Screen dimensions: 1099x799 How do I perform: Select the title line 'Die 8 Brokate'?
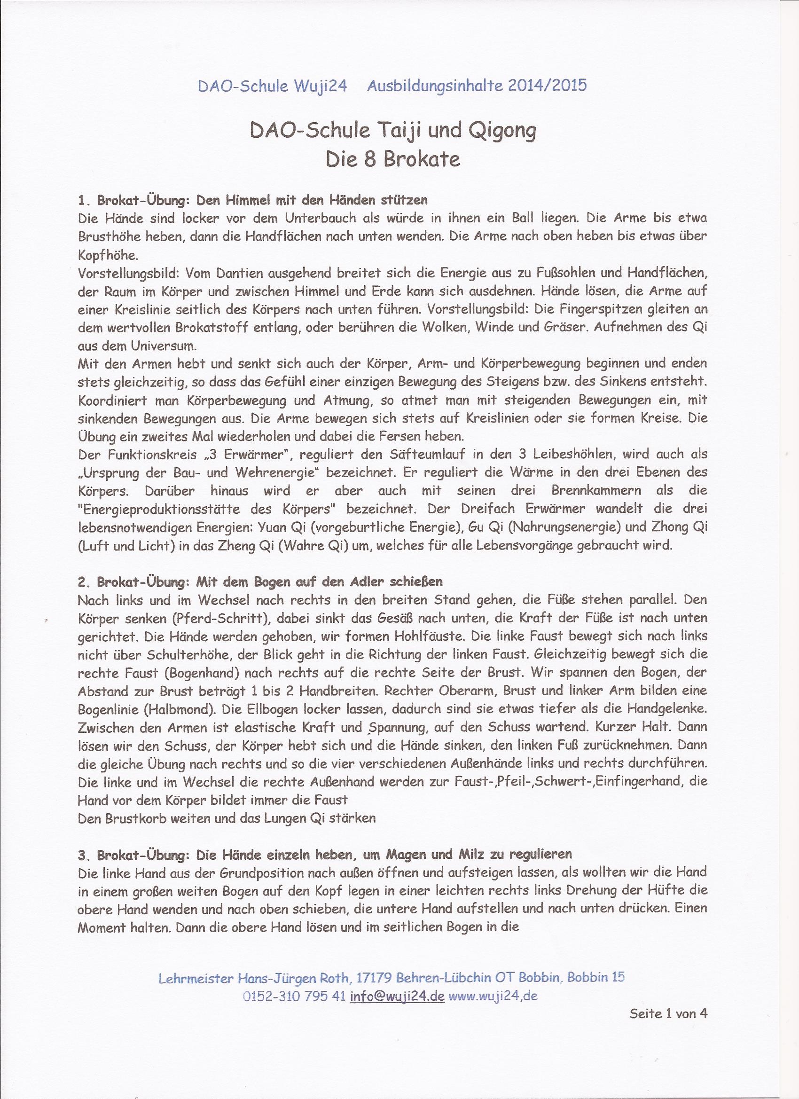point(393,159)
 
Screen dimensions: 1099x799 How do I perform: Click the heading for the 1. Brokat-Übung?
point(252,200)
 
